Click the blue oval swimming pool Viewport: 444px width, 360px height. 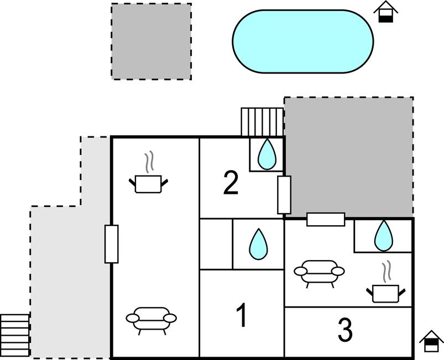pos(302,41)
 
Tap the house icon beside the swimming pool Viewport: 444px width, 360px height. pos(385,12)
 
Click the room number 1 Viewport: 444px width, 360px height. pos(241,316)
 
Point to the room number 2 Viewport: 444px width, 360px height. pos(231,183)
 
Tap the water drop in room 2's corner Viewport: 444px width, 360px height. pos(267,154)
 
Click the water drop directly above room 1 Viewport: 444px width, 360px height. pos(258,244)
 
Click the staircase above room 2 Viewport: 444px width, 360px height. pos(262,121)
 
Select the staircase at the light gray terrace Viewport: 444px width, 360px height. pos(15,335)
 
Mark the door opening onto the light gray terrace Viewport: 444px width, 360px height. pos(111,244)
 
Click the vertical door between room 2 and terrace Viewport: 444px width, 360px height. pos(284,195)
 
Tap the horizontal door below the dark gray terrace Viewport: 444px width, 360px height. pos(326,219)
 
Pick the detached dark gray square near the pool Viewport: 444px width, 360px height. pos(152,41)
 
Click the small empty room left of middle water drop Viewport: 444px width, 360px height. pos(216,244)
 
